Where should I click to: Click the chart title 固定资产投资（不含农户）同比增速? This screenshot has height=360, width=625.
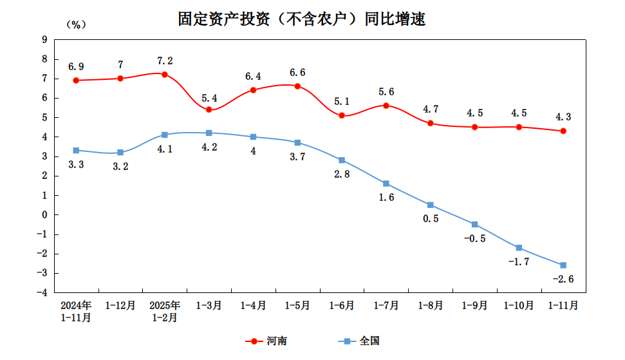(302, 19)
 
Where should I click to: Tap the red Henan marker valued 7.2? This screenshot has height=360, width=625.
(165, 75)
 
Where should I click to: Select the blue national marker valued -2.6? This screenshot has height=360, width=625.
(563, 265)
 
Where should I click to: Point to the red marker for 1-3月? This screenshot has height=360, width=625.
(209, 109)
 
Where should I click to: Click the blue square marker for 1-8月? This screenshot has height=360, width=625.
(431, 205)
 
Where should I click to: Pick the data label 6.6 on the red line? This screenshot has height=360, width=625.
(297, 72)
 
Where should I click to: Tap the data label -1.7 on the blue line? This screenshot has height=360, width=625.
(519, 261)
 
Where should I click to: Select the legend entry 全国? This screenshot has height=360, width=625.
(369, 341)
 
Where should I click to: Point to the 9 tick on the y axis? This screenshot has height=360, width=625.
(44, 39)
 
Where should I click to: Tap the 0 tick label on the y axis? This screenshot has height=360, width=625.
(44, 214)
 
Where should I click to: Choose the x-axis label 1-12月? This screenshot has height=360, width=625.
(120, 305)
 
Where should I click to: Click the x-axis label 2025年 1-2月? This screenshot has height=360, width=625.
(165, 310)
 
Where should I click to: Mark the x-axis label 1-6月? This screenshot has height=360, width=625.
(342, 305)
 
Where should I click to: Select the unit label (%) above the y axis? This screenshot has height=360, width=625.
(76, 24)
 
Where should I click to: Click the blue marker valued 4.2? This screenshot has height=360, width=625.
(209, 133)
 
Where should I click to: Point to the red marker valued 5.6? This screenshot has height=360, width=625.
(386, 106)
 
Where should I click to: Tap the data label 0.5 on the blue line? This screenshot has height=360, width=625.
(431, 218)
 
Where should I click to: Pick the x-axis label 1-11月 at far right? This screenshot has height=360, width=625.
(563, 305)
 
